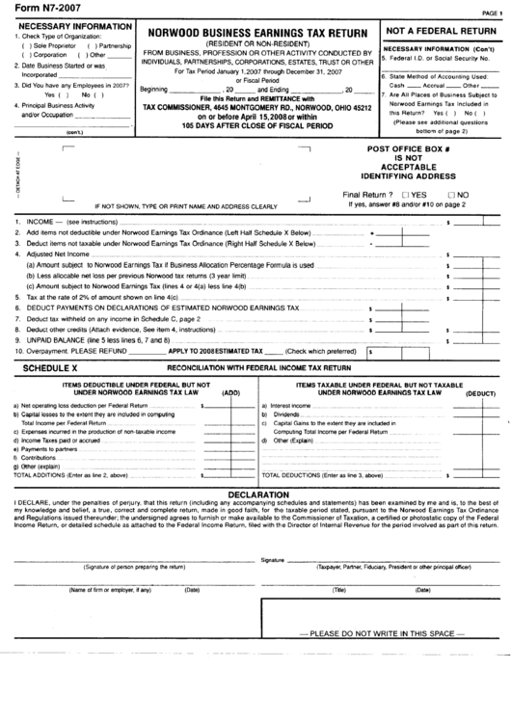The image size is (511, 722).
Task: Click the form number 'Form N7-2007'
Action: (x=38, y=10)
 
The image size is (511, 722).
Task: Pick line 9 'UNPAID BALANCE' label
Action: (x=58, y=340)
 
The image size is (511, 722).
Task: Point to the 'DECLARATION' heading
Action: (x=255, y=494)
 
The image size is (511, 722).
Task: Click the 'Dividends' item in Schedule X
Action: (x=287, y=414)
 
